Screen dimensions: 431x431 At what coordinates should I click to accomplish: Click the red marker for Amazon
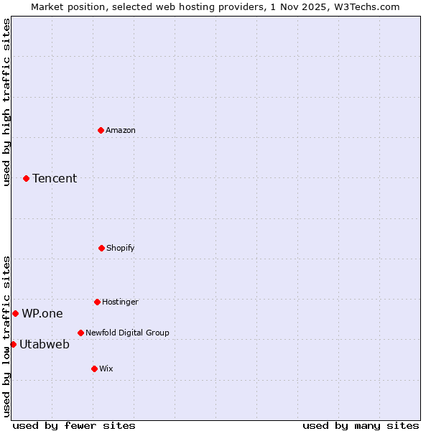coord(101,130)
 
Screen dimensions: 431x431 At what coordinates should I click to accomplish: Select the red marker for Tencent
coord(26,178)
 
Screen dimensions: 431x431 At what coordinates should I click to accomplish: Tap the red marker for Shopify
coord(101,248)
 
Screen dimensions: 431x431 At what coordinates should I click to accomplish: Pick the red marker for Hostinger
coord(97,302)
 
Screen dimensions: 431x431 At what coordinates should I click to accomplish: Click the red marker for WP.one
coord(15,313)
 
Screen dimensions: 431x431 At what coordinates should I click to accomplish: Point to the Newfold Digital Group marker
coord(80,333)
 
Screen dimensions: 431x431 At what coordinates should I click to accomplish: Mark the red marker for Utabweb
coord(13,344)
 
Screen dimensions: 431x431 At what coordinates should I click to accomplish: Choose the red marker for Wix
coord(94,369)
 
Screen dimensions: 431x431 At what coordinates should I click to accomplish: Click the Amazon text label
coord(121,130)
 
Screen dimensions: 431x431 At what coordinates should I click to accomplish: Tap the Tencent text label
coord(55,178)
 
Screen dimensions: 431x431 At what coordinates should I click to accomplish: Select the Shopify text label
coord(121,248)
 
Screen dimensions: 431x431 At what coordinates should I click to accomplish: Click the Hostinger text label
coord(120,302)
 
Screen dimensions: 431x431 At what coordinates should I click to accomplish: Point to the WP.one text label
coord(42,313)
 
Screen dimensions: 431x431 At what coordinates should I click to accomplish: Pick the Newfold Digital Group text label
coord(127,333)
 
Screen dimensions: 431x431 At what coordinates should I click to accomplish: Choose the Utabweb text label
coord(45,344)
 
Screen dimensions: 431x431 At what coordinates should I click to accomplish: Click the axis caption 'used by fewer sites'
coord(74,425)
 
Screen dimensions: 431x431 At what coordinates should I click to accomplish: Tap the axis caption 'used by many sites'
coord(361,425)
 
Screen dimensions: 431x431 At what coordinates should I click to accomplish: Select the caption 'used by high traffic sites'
coord(6,102)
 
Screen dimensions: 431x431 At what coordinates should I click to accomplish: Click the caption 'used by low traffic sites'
coord(6,335)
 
